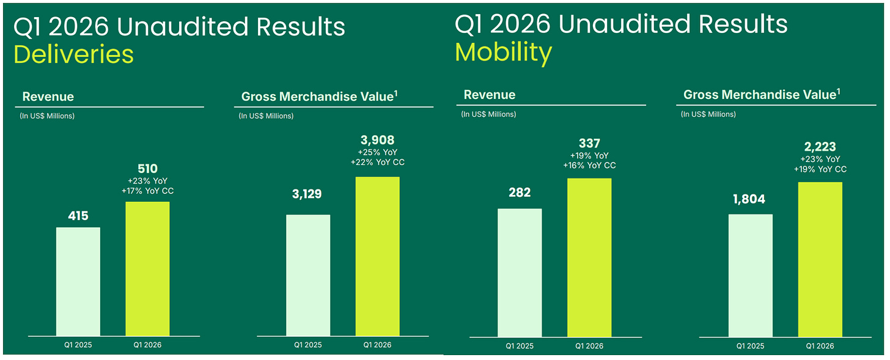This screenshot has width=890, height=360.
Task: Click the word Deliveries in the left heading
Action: tap(73, 54)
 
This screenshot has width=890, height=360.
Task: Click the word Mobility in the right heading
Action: tap(504, 53)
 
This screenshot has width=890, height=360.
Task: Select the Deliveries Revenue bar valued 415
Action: tap(78, 282)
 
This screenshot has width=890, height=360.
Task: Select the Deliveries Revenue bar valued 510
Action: tap(147, 269)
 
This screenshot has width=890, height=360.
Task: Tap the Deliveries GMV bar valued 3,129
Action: tap(308, 276)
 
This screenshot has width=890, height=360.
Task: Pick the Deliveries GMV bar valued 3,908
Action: tap(378, 257)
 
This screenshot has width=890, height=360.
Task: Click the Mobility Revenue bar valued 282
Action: tap(520, 273)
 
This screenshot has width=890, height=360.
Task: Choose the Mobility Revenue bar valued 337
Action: tap(589, 258)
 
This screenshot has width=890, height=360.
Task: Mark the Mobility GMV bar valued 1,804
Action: tap(751, 276)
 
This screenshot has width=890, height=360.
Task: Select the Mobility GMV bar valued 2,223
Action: tap(820, 260)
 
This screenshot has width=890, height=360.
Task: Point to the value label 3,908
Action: tap(378, 140)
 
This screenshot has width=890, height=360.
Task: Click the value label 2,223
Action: tap(820, 147)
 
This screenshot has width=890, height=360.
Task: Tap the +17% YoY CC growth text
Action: tap(147, 191)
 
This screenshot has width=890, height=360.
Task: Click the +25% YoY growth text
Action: tap(378, 153)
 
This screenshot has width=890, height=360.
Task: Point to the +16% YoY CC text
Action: tap(589, 166)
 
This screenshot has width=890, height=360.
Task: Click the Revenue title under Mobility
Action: tap(490, 95)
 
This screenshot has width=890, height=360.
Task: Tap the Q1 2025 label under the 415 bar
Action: tap(78, 345)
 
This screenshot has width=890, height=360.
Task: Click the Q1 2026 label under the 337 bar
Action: tap(589, 346)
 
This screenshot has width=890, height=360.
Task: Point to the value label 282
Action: tap(520, 193)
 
